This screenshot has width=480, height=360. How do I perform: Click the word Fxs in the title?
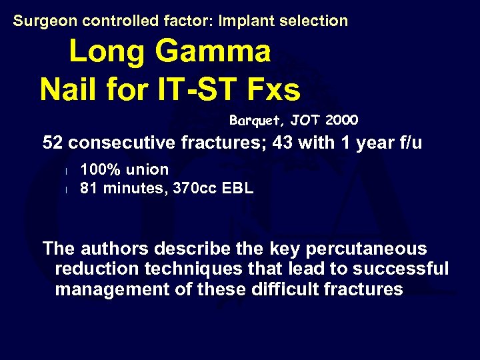tap(273, 89)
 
